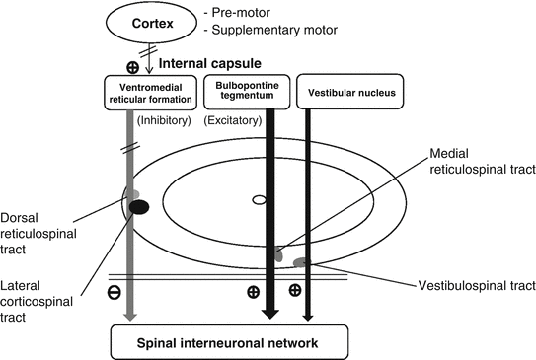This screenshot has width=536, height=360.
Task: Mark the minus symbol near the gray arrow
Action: pos(115,292)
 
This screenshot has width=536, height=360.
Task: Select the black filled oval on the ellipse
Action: pos(139,206)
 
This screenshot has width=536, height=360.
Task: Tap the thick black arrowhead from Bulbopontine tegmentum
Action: pos(269,314)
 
